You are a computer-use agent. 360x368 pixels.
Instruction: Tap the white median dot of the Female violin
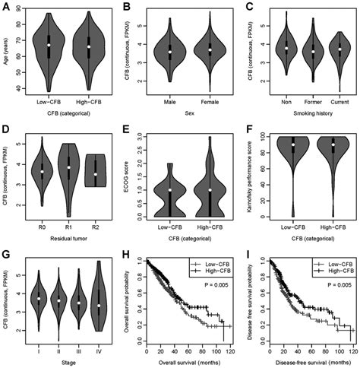(x=210, y=50)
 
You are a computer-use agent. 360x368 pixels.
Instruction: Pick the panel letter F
(x=248, y=131)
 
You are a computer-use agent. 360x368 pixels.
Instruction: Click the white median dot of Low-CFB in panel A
(x=49, y=45)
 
